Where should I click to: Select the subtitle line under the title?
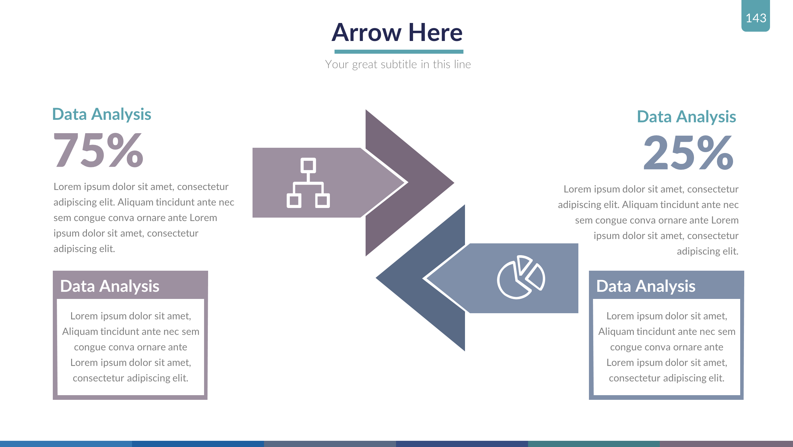[x=398, y=64]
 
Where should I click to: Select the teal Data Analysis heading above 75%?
[x=102, y=114]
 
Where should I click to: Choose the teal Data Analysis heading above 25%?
[x=686, y=117]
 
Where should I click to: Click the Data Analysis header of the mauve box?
[x=110, y=286]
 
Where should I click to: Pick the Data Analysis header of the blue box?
[x=645, y=286]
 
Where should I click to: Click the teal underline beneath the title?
[x=399, y=52]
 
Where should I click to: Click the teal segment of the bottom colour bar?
[x=593, y=444]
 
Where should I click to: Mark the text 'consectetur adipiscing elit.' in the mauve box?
[x=130, y=378]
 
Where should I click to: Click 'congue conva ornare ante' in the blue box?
[x=667, y=347]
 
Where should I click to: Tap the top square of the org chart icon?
[x=308, y=165]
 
